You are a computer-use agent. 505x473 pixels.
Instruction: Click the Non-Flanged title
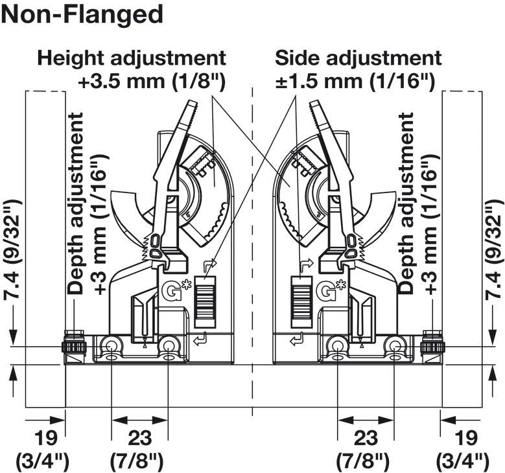tap(82, 14)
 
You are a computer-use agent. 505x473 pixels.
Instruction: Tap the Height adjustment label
tap(132, 58)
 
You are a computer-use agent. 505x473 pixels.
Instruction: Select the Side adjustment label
tap(358, 58)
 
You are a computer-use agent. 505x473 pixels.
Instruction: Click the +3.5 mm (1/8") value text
tap(152, 82)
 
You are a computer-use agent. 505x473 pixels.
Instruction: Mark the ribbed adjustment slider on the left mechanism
tap(205, 301)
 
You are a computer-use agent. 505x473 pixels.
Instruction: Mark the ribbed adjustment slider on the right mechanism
tap(301, 301)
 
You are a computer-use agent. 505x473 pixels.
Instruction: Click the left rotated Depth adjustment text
tap(76, 204)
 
